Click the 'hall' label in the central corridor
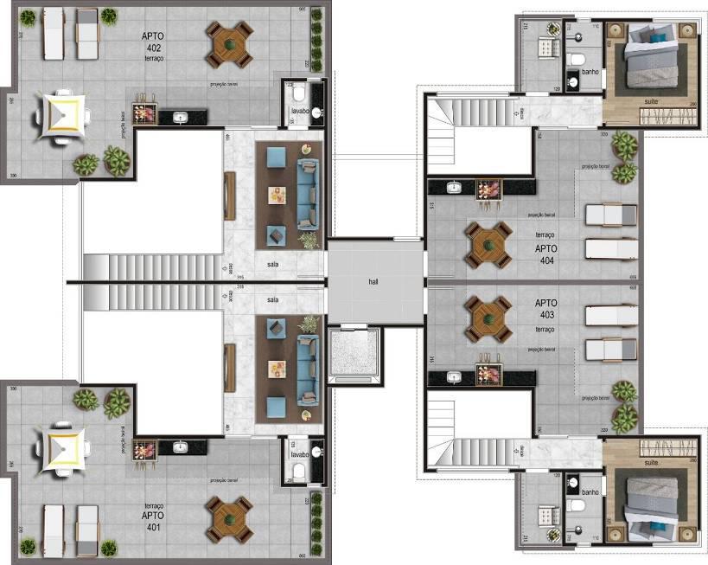click(373, 281)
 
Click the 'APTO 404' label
click(545, 254)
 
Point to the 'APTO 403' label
click(545, 310)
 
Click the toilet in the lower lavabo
click(297, 470)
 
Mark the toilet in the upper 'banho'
click(577, 61)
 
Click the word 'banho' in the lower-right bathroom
click(590, 491)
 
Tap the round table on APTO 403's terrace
click(487, 318)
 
